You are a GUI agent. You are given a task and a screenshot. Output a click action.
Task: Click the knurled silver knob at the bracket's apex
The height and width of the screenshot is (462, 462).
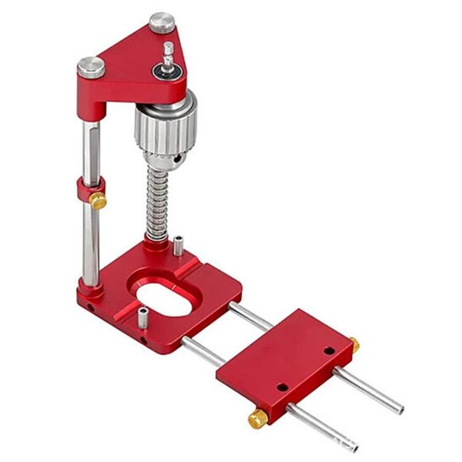click(x=162, y=23)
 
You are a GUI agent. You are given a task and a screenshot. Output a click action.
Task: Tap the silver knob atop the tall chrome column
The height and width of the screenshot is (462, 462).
click(x=91, y=68)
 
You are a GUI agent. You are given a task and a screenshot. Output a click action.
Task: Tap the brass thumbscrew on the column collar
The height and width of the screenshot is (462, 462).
click(x=99, y=201)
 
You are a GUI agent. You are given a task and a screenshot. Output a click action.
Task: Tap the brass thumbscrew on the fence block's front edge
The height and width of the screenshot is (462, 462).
click(x=256, y=419)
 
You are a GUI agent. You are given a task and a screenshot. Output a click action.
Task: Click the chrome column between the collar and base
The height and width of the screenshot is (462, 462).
click(x=91, y=246)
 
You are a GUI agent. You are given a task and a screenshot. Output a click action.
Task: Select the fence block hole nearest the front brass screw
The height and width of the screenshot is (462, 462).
click(x=283, y=386)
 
